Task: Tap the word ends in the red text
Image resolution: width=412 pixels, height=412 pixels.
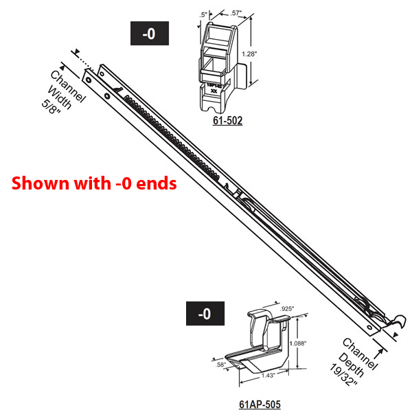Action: [x=160, y=183]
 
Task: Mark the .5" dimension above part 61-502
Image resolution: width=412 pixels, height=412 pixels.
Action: [x=203, y=13]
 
